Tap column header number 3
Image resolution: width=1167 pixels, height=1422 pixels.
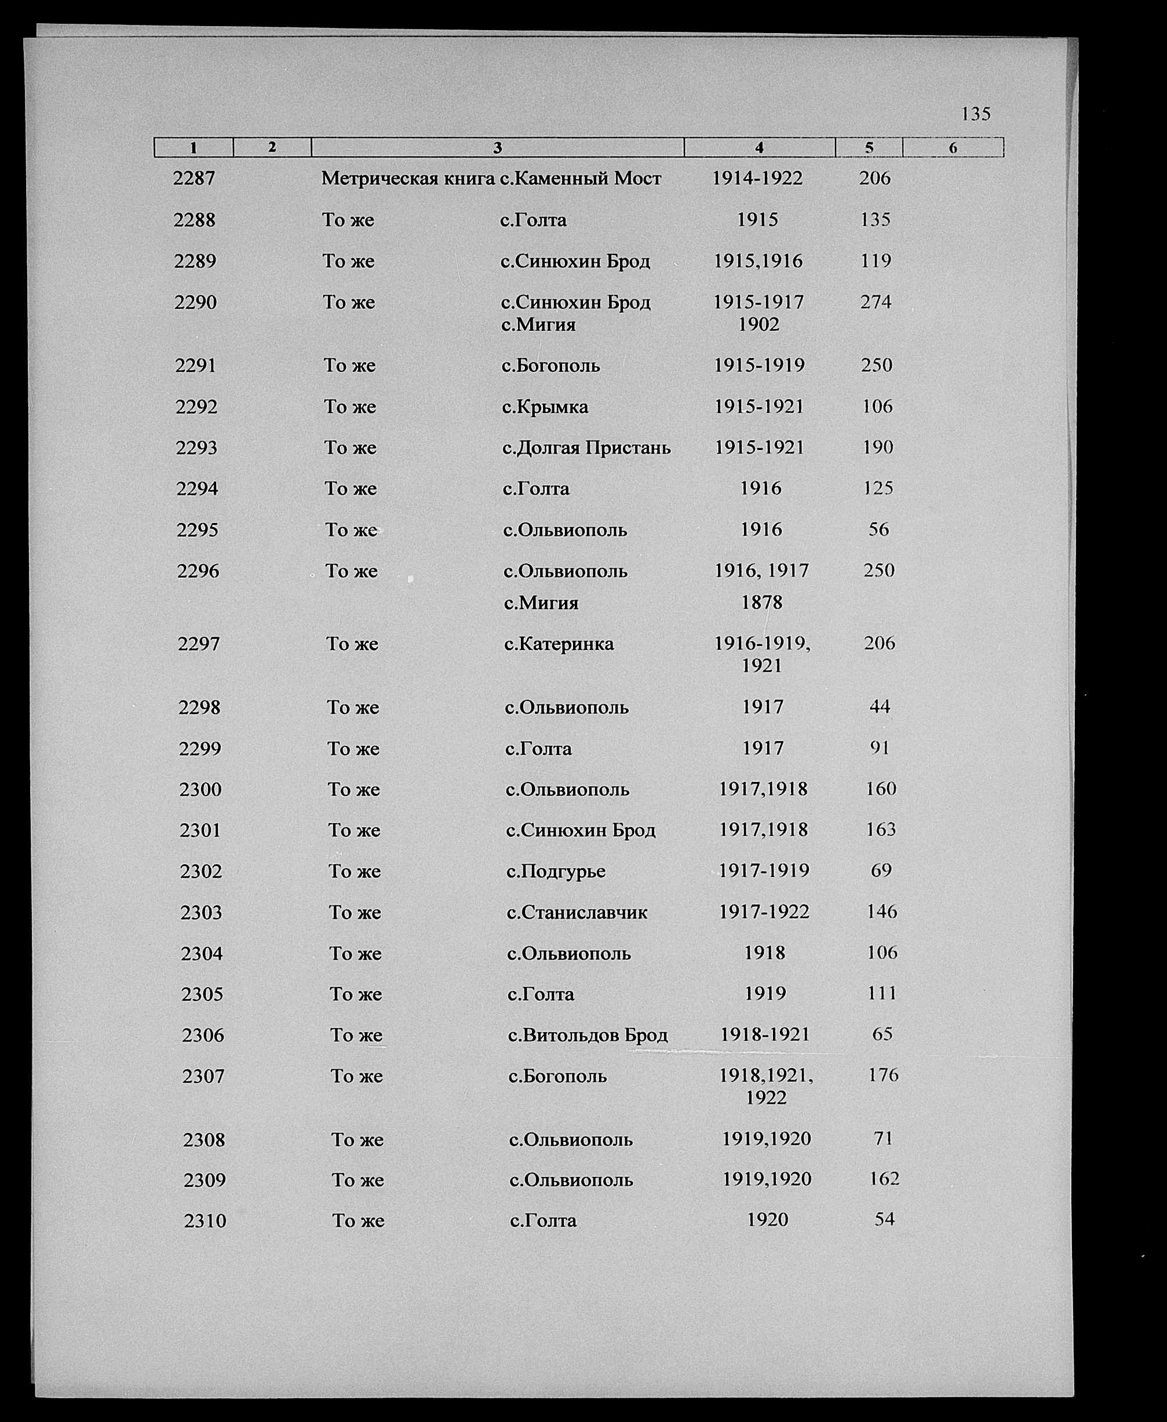pyautogui.click(x=498, y=148)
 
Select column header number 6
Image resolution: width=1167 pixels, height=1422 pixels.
pyautogui.click(x=953, y=148)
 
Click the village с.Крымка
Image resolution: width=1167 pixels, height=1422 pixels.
pyautogui.click(x=545, y=407)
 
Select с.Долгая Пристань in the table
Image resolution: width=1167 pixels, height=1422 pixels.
pyautogui.click(x=586, y=448)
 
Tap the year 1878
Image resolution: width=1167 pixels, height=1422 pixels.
pyautogui.click(x=761, y=602)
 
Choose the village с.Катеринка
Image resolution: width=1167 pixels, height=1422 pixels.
pyautogui.click(x=559, y=644)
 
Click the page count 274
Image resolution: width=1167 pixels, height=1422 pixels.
pyautogui.click(x=876, y=302)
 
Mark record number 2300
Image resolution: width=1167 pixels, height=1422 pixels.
pyautogui.click(x=200, y=789)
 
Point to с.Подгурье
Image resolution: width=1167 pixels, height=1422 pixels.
pyautogui.click(x=555, y=871)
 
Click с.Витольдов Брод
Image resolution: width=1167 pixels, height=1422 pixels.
pyautogui.click(x=588, y=1035)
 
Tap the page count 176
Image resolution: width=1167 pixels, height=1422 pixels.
pyautogui.click(x=882, y=1075)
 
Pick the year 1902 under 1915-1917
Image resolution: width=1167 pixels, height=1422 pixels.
pyautogui.click(x=758, y=324)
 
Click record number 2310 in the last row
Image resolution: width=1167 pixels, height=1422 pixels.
pyautogui.click(x=205, y=1220)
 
